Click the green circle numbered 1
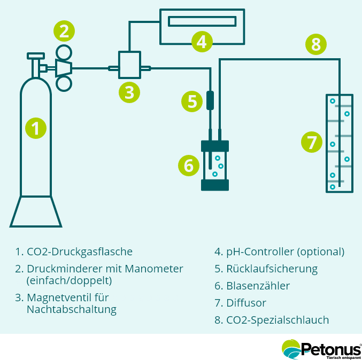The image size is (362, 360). pyautogui.click(x=36, y=128)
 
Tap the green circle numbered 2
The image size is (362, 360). pyautogui.click(x=64, y=30)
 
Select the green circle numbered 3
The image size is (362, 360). pyautogui.click(x=129, y=92)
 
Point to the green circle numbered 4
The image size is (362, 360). pyautogui.click(x=201, y=41)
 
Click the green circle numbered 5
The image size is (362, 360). pyautogui.click(x=192, y=101)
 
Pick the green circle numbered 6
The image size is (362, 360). pyautogui.click(x=188, y=166)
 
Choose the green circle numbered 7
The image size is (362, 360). pyautogui.click(x=311, y=143)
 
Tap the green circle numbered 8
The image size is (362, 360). pyautogui.click(x=315, y=44)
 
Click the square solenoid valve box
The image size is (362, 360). pyautogui.click(x=129, y=65)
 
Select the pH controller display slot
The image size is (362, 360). pyautogui.click(x=202, y=21)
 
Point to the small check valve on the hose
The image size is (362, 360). pyautogui.click(x=210, y=100)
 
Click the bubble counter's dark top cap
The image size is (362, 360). pyautogui.click(x=214, y=146)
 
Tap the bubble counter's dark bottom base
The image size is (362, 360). pyautogui.click(x=214, y=185)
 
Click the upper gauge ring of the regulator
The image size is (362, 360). pyautogui.click(x=64, y=52)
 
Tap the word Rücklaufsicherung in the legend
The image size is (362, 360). pyautogui.click(x=272, y=269)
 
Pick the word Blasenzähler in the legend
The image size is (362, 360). pyautogui.click(x=258, y=286)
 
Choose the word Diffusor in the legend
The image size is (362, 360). pyautogui.click(x=247, y=303)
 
